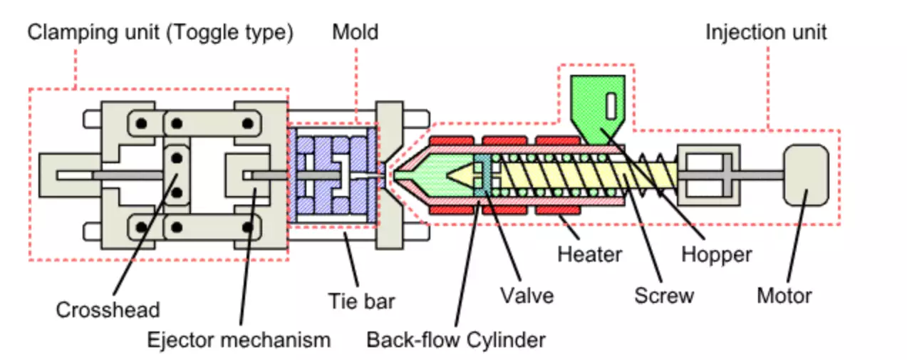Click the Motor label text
[x=784, y=294]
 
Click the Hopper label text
[x=716, y=254]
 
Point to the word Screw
[x=664, y=294]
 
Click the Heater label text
[x=590, y=254]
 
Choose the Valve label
[x=527, y=294]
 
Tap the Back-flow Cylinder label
[x=456, y=339]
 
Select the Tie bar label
[x=361, y=300]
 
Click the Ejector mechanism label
[x=239, y=339]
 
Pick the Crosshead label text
[x=108, y=310]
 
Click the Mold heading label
[x=355, y=32]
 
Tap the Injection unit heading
[x=766, y=32]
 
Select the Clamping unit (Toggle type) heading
[x=160, y=32]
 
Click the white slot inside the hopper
[x=611, y=106]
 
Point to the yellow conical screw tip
[x=460, y=174]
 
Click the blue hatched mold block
[x=332, y=174]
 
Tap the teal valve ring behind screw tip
[x=485, y=174]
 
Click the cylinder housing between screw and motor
[x=709, y=174]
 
